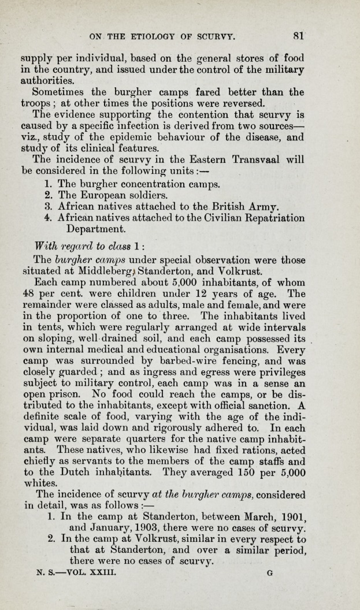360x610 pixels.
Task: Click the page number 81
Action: [x=298, y=35]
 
